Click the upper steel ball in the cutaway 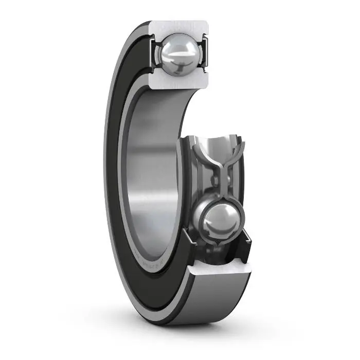(x=178, y=51)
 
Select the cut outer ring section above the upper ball (x=180, y=27)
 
